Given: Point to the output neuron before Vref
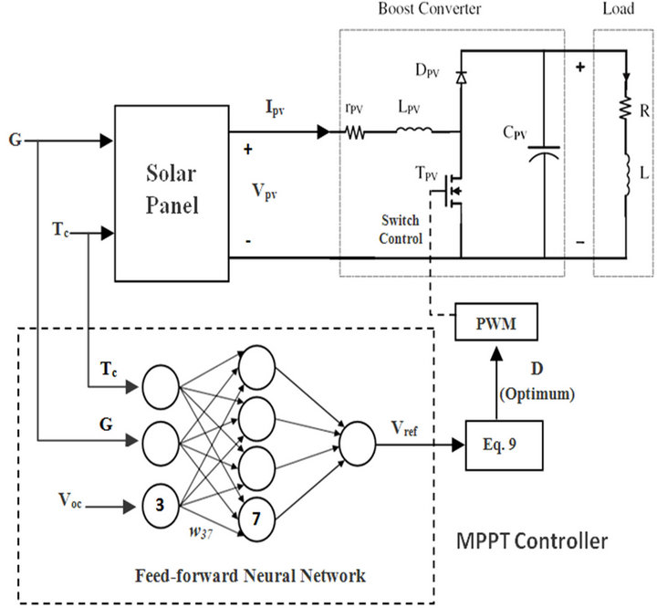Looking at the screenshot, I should pyautogui.click(x=356, y=442).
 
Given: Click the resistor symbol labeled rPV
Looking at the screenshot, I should pyautogui.click(x=354, y=132).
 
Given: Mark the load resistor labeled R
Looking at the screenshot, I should pyautogui.click(x=626, y=110).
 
